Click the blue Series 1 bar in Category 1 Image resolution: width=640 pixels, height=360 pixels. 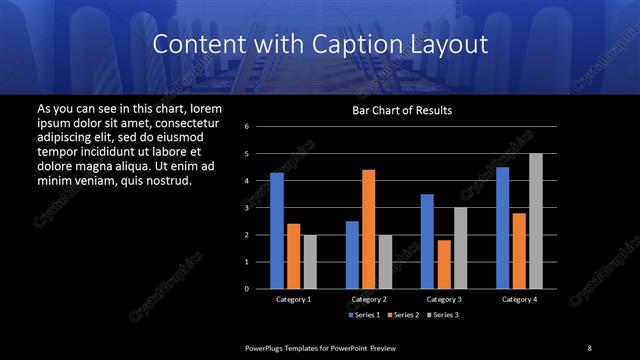[277, 231]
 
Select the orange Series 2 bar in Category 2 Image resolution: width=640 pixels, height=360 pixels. [368, 229]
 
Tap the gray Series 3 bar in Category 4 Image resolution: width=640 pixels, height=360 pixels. [535, 221]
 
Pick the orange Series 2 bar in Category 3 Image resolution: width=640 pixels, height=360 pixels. [444, 264]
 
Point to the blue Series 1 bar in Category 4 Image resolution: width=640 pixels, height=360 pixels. [502, 228]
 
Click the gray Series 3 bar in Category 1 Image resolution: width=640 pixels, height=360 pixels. [310, 262]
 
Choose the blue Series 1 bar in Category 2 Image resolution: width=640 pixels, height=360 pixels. [352, 255]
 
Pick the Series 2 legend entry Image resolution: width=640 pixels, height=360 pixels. [402, 315]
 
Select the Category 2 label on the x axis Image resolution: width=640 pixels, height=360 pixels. [369, 299]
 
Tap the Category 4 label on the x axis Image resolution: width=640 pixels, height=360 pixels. [519, 299]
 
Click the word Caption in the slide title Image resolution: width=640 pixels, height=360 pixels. [368, 44]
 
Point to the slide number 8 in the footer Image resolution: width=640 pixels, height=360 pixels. [589, 347]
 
